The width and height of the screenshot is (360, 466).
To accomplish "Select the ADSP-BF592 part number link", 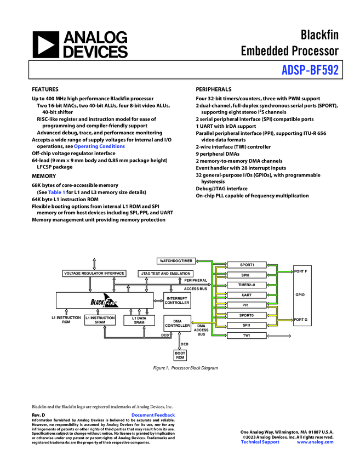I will tap(310, 70).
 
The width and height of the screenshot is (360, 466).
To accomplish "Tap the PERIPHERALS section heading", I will tap(214, 89).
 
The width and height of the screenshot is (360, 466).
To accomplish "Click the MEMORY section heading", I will tap(44, 176).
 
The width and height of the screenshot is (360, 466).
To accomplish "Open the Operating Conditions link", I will tap(99, 146).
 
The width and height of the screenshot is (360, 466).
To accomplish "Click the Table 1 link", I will tap(56, 193).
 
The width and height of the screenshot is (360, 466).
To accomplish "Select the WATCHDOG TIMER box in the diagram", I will tap(176, 260).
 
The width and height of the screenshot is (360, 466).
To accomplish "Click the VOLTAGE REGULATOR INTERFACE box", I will tap(94, 273).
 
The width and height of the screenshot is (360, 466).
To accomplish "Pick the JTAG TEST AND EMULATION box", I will tap(165, 273).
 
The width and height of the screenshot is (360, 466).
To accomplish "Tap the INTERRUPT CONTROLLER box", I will tap(178, 300).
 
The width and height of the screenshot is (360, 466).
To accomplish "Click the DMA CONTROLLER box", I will tap(178, 323).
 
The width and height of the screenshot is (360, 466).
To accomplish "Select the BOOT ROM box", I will tap(180, 355).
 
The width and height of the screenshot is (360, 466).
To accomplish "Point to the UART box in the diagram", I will tap(246, 295).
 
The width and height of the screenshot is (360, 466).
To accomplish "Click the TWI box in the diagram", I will tap(246, 335).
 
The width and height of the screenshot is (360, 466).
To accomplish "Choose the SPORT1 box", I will tap(246, 265).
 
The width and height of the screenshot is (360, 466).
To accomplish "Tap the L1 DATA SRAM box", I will tap(139, 320).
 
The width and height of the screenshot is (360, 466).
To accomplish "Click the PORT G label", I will tap(301, 319).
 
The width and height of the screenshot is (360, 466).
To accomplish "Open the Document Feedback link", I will tap(153, 416).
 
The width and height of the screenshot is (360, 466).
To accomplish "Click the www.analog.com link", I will tap(315, 442).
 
